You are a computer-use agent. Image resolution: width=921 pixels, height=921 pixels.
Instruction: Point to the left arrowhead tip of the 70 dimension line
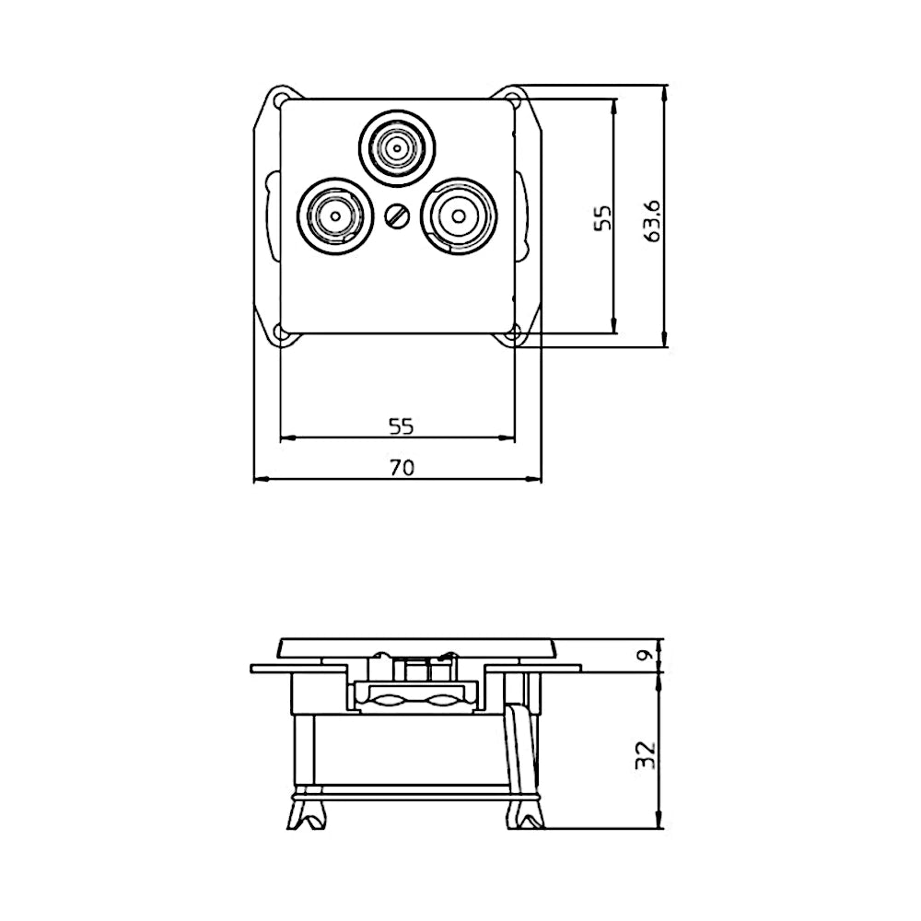254,480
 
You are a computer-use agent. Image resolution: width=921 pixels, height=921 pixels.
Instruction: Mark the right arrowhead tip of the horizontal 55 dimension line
514,437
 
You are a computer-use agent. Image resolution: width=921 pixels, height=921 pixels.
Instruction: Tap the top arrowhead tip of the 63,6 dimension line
664,85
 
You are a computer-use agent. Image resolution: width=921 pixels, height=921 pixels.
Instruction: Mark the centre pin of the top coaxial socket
398,146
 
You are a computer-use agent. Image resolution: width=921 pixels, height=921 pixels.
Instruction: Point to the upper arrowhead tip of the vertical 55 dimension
614,99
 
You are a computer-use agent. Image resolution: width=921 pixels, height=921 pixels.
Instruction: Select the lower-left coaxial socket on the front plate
335,215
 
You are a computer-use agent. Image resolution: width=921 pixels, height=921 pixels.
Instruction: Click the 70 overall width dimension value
402,468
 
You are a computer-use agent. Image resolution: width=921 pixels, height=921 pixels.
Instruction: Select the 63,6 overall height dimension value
652,221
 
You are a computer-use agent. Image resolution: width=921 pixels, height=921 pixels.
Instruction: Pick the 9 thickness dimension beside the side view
647,654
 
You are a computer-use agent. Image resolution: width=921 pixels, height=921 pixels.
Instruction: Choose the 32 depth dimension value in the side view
646,755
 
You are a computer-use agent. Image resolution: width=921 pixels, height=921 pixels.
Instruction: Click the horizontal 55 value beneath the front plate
402,426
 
